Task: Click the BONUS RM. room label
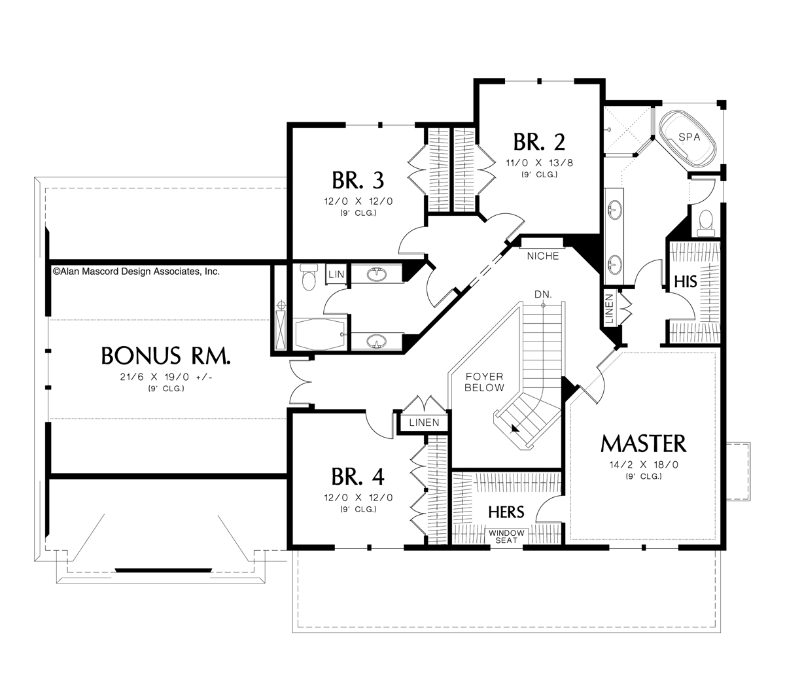coord(166,356)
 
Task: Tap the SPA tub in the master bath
coord(689,139)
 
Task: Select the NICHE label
coord(544,256)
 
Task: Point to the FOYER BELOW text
coord(485,382)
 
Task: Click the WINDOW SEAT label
coord(506,536)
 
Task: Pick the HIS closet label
coord(685,281)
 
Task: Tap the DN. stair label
coord(543,295)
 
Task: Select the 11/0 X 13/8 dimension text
coord(539,163)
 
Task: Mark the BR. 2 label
coord(539,141)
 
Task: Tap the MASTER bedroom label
coord(644,444)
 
